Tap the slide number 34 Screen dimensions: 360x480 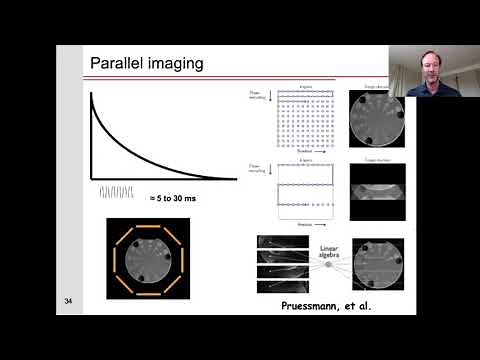(68, 301)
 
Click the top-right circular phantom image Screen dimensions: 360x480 (377, 119)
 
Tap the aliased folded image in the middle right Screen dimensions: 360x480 (377, 189)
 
